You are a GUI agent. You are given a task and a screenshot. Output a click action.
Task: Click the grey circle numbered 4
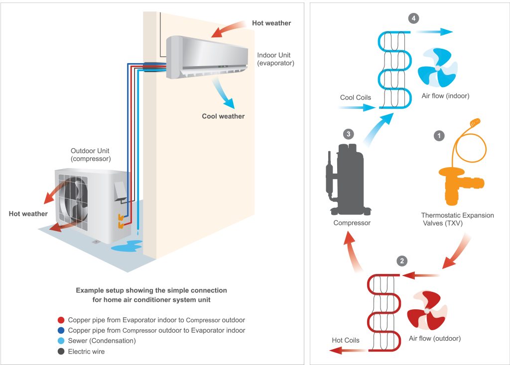click(x=413, y=18)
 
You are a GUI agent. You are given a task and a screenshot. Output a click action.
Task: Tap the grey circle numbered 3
click(x=349, y=134)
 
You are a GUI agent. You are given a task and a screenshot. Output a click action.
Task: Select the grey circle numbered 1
click(x=439, y=136)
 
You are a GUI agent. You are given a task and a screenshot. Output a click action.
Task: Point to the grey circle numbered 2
click(x=402, y=261)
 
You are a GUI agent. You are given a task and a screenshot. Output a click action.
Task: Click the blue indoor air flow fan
click(x=437, y=68)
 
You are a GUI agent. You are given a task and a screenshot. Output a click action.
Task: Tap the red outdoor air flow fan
click(x=427, y=310)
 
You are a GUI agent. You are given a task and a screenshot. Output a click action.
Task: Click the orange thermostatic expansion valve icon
click(x=461, y=163)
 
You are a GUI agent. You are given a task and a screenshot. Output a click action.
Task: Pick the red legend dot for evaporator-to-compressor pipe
click(x=61, y=320)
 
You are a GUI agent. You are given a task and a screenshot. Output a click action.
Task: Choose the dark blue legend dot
click(x=61, y=330)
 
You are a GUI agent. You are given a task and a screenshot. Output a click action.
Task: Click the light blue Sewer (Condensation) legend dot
click(x=61, y=341)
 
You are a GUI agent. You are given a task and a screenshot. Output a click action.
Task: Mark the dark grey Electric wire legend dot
click(x=61, y=352)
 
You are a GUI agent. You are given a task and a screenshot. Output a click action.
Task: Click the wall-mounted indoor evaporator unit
click(x=207, y=58)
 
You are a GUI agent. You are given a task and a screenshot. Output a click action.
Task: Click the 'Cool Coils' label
click(x=356, y=97)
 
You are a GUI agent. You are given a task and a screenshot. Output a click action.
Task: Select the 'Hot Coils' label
click(x=346, y=340)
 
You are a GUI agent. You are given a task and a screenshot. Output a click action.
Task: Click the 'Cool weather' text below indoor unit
click(x=223, y=116)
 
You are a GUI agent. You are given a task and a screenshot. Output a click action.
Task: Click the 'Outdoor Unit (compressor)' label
click(x=91, y=155)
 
